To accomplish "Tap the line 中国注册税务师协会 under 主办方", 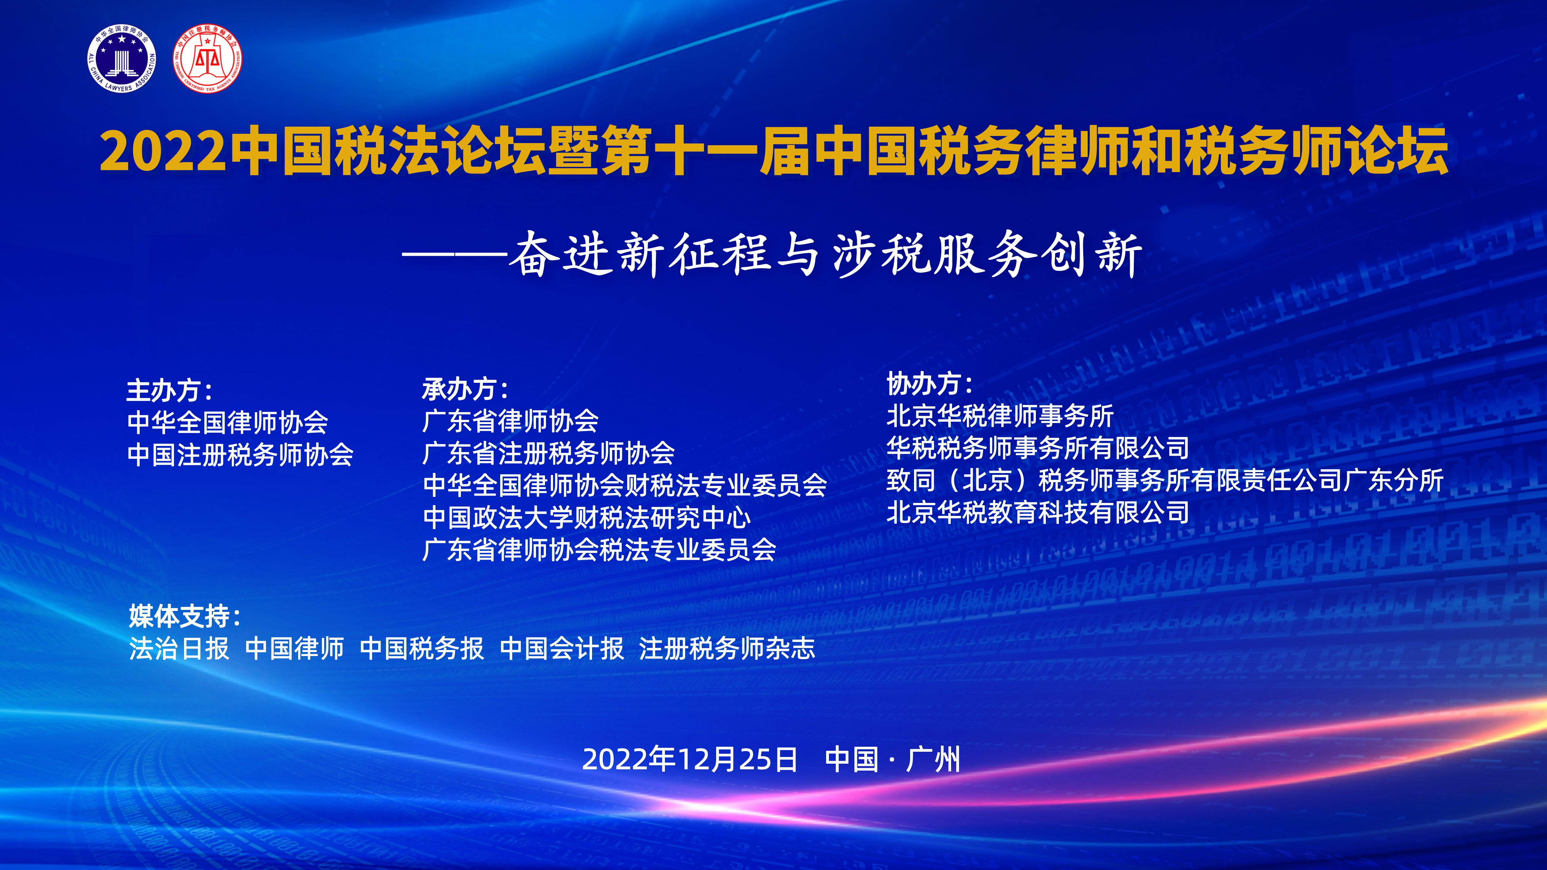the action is pos(240,455).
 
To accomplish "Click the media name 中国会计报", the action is pos(562,648).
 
